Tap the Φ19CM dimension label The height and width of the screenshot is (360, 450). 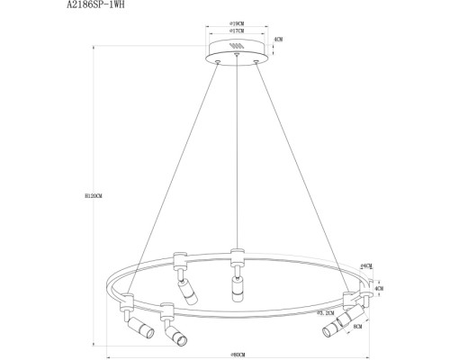point(237,27)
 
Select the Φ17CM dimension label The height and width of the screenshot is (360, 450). point(237,35)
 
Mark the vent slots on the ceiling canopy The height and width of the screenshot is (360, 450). point(237,47)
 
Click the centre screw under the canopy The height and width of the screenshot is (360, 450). point(237,57)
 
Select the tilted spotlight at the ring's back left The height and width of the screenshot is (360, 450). point(186,291)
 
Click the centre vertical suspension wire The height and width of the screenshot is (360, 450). point(237,153)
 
